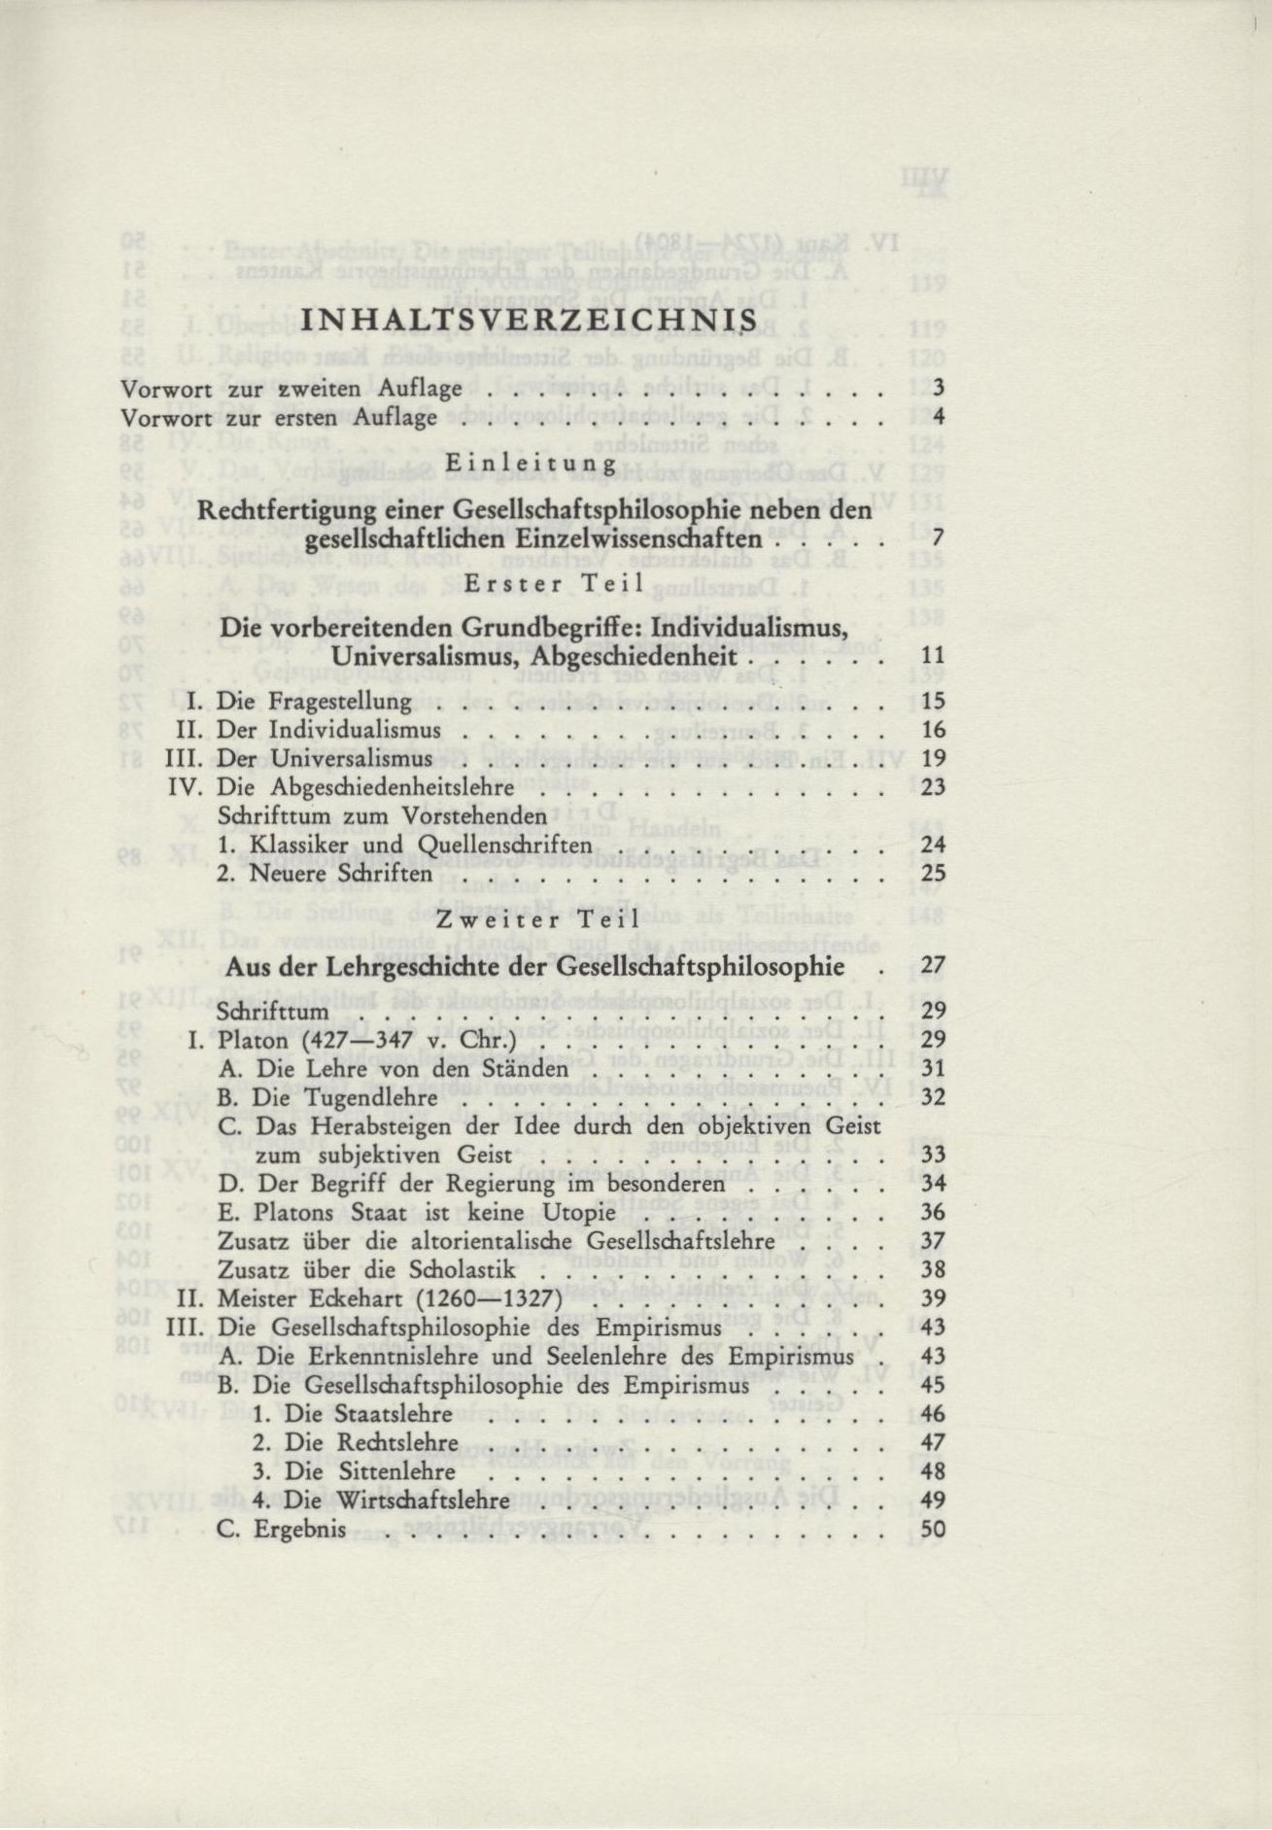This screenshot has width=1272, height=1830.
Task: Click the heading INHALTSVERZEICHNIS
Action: (x=531, y=322)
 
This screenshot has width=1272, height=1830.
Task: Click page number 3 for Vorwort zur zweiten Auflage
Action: (x=938, y=389)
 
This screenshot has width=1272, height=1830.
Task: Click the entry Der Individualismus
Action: (x=328, y=730)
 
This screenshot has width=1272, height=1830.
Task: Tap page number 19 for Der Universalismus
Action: (x=932, y=758)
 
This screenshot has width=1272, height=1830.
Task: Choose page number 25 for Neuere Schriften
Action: (x=932, y=873)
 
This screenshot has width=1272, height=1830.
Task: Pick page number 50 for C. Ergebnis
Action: (x=932, y=1529)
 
